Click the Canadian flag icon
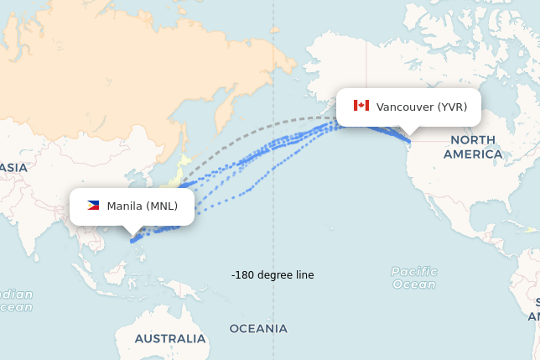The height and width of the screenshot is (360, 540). [361, 106]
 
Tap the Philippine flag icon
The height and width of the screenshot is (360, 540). [93, 206]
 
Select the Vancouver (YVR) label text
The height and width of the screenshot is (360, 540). [422, 107]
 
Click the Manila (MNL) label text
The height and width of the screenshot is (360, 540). [143, 206]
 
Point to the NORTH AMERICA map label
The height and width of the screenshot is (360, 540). [473, 147]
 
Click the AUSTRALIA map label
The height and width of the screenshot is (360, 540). [171, 338]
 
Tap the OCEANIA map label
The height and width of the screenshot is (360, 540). [258, 328]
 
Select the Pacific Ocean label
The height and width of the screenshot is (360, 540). [414, 278]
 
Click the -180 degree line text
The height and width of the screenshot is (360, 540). [273, 275]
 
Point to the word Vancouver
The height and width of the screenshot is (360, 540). [405, 107]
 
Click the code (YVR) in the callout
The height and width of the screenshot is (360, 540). [452, 107]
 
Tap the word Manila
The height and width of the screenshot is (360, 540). [125, 206]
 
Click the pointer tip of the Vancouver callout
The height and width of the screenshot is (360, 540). [409, 135]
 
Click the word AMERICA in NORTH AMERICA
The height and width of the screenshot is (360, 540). [473, 154]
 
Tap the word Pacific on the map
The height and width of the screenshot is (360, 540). [414, 271]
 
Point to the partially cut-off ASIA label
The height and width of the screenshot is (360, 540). [13, 168]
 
